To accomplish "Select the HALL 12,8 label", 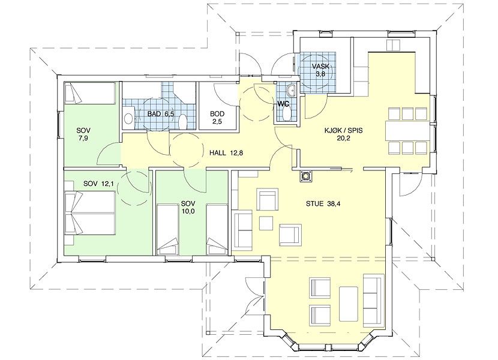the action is tap(226, 153).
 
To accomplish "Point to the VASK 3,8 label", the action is tap(320, 70).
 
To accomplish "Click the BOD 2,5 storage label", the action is tap(217, 118).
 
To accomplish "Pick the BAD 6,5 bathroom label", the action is tap(161, 114).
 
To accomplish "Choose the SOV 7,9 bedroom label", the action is tap(83, 134).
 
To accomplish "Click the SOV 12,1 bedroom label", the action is tap(98, 184).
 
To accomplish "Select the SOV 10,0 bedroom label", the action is tap(188, 207).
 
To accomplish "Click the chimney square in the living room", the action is tap(306, 176).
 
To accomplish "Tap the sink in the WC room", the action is tap(291, 91).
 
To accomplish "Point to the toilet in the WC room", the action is tap(286, 115).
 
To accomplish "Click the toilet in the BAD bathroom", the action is tap(182, 122).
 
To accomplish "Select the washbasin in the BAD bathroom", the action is tap(128, 119).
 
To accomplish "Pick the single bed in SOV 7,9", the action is tap(89, 94).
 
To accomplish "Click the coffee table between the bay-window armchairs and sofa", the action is tap(349, 304).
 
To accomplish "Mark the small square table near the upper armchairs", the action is tap(266, 223).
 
